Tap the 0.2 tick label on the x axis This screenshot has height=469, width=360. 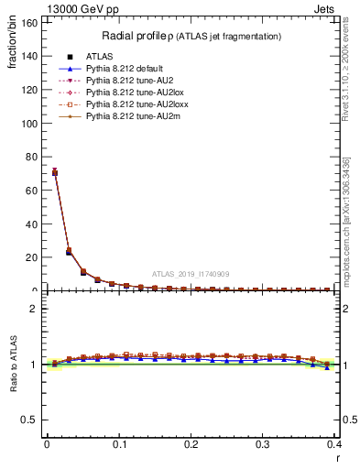coord(191,444)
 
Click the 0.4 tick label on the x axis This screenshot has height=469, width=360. coord(334,444)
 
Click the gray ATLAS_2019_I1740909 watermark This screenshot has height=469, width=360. coord(191,274)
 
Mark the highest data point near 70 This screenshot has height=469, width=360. coord(54,172)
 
